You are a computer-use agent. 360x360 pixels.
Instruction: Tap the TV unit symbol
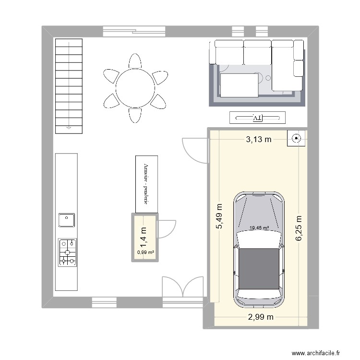tap(258, 117)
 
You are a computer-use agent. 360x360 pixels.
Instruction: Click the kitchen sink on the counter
tap(66, 220)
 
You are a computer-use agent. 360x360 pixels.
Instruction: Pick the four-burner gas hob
tap(68, 252)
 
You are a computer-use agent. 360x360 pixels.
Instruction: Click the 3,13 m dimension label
tap(259, 140)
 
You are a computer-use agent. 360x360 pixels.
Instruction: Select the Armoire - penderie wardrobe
tap(146, 184)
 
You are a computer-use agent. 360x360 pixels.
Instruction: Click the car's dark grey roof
tap(259, 269)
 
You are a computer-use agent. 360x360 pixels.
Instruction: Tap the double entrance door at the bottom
tap(182, 288)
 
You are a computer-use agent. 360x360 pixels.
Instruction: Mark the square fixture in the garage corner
tap(296, 139)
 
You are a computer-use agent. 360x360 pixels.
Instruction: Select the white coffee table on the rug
tap(238, 85)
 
